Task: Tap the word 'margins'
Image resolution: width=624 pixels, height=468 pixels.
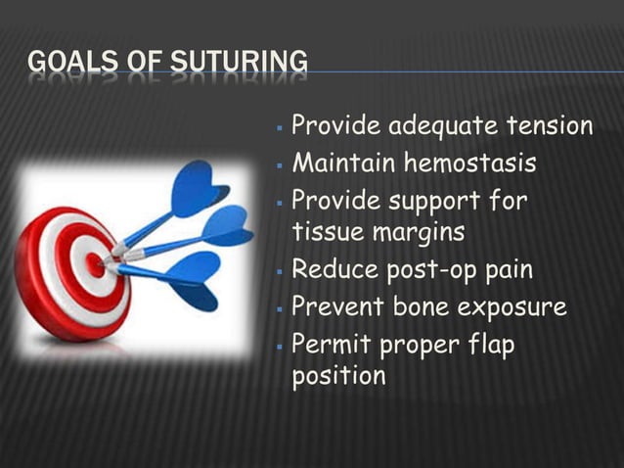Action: click(418, 233)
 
